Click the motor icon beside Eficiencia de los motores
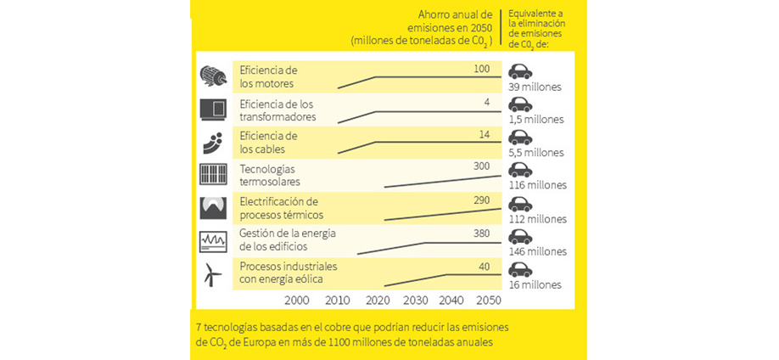pos(212,76)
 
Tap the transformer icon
pos(212,109)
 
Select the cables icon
pos(212,141)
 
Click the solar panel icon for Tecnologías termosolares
pos(212,174)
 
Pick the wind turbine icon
pos(212,274)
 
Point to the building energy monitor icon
pos(212,241)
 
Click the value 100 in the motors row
pos(482,68)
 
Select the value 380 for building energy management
pos(482,233)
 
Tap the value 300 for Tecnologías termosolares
pos(482,166)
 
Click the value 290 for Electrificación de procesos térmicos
pos(482,199)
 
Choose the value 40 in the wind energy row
pos(485,266)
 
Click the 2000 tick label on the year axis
pos(297,300)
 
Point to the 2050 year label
pos(488,300)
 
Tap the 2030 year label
pos(415,300)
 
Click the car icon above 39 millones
pos(520,72)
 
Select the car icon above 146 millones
pos(520,237)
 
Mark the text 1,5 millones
pos(535,120)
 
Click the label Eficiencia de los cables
pos(269,141)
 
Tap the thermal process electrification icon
pos(212,208)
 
